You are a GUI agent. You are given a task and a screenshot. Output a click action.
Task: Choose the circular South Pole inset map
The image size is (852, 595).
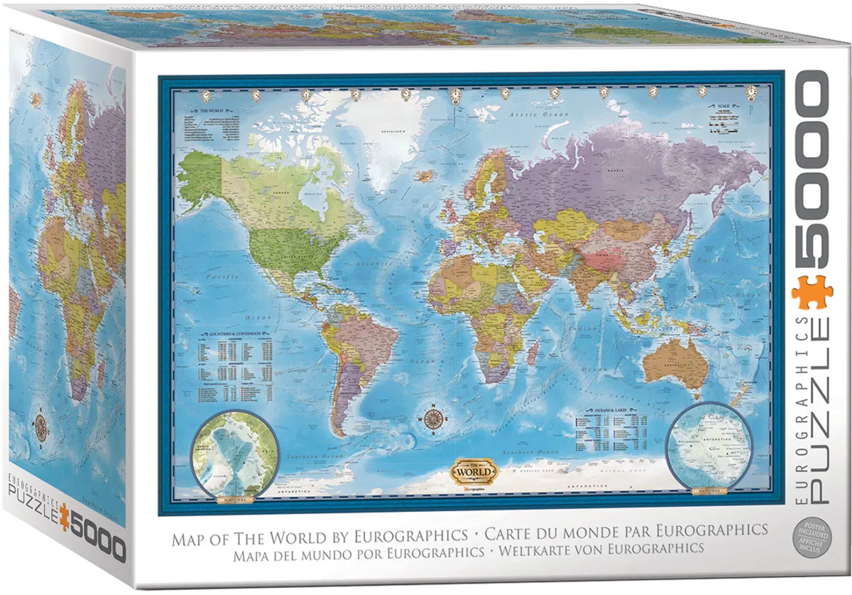click(x=711, y=445)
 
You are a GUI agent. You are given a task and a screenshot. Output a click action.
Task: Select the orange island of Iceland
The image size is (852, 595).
click(x=425, y=174)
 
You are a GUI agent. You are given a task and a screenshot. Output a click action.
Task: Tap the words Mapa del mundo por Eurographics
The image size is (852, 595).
click(x=329, y=551)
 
